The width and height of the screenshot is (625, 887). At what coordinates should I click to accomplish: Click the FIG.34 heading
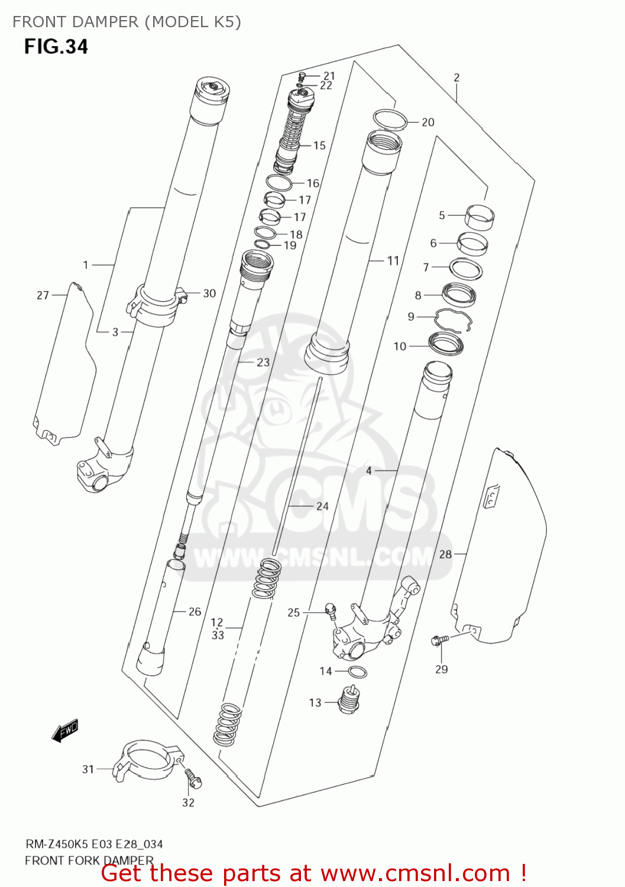tap(56, 47)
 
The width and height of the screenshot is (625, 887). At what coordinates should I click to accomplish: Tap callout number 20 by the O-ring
tap(428, 122)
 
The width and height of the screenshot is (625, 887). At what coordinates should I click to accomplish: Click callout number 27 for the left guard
tap(43, 295)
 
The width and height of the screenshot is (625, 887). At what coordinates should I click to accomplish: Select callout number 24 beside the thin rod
tap(322, 506)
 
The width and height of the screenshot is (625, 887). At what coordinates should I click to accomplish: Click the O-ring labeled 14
tap(357, 672)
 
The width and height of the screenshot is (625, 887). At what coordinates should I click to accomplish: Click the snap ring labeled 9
tap(454, 321)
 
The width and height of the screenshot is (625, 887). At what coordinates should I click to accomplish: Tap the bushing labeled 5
tap(480, 216)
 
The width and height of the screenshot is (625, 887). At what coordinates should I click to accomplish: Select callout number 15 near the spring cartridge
tap(319, 145)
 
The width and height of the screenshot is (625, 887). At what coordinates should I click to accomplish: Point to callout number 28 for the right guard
tap(445, 554)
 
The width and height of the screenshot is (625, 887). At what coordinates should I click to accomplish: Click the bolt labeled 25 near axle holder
tap(331, 611)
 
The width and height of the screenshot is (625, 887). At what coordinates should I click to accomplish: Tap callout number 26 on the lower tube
tap(195, 611)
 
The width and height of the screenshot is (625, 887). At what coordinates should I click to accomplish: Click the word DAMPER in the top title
tap(104, 22)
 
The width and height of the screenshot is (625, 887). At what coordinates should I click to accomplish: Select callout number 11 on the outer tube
tap(393, 261)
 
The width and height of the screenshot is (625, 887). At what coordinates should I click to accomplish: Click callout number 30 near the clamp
tap(209, 293)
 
